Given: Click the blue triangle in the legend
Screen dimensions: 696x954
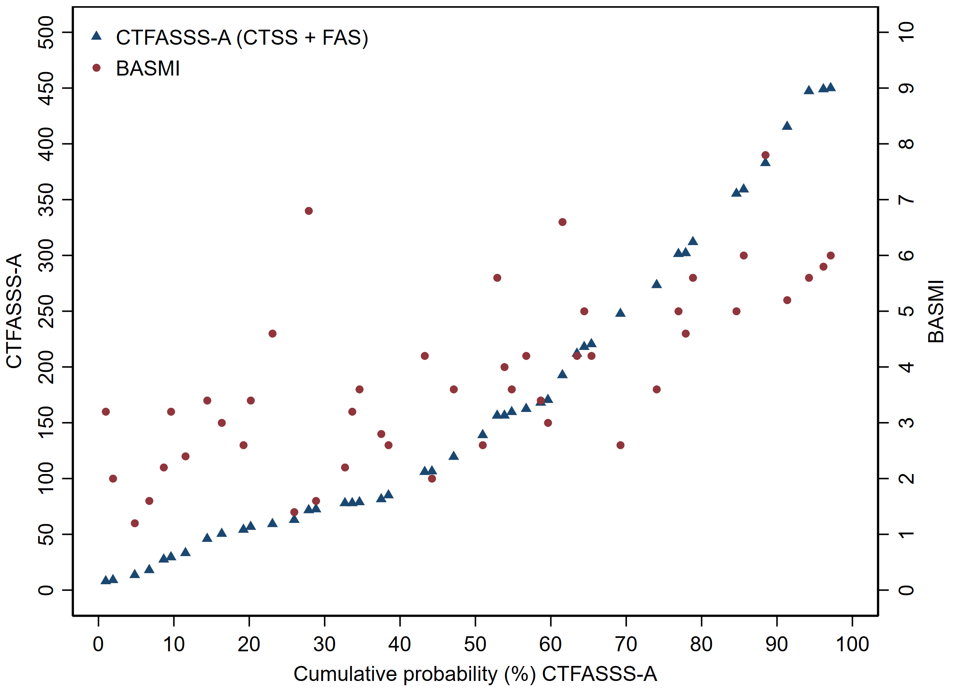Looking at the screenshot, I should (x=97, y=36).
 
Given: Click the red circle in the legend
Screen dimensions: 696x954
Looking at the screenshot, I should (x=97, y=68).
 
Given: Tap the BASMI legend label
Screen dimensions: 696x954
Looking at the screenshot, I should (x=148, y=69).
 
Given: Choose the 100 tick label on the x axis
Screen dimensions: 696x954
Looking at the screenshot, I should (x=852, y=645).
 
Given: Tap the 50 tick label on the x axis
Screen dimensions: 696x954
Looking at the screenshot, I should (x=475, y=645).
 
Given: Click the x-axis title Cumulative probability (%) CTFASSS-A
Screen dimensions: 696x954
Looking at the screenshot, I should (x=475, y=674).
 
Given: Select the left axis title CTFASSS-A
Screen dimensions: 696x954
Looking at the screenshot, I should (x=14, y=311).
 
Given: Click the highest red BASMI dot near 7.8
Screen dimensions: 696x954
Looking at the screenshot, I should (x=765, y=155).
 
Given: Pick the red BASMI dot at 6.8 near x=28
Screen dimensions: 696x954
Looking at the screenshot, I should (x=308, y=211).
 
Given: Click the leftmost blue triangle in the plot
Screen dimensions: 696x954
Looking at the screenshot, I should (x=106, y=580).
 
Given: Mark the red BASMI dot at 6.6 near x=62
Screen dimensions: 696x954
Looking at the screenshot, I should (x=562, y=222).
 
